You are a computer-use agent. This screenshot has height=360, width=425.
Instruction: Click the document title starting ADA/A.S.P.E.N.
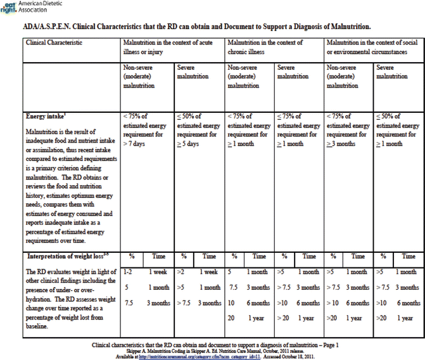point(196,27)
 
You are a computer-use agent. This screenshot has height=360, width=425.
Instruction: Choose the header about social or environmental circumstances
point(373,47)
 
